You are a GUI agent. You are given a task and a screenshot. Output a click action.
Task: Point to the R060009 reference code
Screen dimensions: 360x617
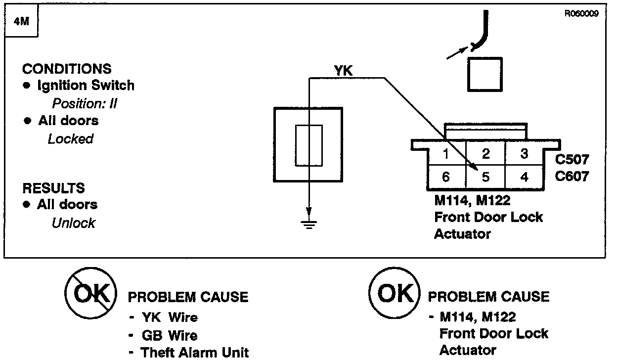(581, 14)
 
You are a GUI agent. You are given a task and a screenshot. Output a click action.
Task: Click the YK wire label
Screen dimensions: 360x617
(344, 71)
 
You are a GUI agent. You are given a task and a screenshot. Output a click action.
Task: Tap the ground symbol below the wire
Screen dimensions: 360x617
(309, 222)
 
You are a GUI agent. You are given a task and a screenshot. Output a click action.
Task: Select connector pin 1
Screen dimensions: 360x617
(446, 154)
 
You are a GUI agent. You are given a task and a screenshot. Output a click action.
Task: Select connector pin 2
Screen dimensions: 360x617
(485, 154)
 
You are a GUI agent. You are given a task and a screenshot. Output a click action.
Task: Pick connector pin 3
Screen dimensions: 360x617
(525, 154)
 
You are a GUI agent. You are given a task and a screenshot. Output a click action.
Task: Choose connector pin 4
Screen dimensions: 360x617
(525, 177)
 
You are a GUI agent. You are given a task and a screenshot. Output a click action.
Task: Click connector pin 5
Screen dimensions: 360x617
(485, 177)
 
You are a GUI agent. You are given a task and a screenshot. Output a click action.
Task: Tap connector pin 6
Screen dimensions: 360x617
(446, 177)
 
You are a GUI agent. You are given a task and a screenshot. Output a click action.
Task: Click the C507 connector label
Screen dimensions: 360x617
(572, 160)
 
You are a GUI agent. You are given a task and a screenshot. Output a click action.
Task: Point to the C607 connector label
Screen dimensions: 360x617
(572, 176)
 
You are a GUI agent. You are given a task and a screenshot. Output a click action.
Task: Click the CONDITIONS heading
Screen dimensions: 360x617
(67, 69)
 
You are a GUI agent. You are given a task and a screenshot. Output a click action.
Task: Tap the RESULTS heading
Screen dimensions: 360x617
(53, 188)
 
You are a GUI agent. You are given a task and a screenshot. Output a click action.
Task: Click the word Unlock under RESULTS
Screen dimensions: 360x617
(73, 223)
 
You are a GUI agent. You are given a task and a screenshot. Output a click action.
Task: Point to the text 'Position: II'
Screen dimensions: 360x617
(85, 104)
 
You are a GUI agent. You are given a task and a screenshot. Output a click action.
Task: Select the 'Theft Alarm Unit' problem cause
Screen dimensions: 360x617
(195, 353)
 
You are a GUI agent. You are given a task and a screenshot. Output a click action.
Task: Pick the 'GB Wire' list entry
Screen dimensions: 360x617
(169, 336)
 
